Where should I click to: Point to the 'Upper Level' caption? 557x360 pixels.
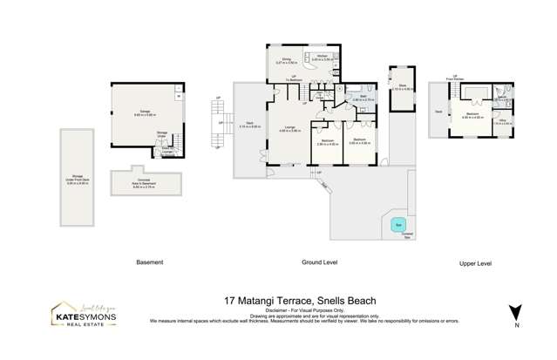(x=475, y=262)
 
